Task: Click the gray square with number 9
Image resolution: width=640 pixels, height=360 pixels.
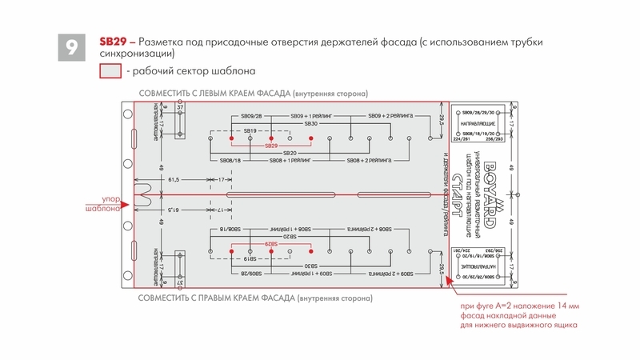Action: tap(71, 47)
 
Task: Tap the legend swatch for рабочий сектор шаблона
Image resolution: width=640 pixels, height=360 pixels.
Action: tap(109, 72)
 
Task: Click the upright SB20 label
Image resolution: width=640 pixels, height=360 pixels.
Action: tap(290, 153)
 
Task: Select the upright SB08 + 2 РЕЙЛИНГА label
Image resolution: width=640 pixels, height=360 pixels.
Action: tap(370, 161)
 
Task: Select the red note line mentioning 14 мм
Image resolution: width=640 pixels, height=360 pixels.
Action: tap(511, 306)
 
